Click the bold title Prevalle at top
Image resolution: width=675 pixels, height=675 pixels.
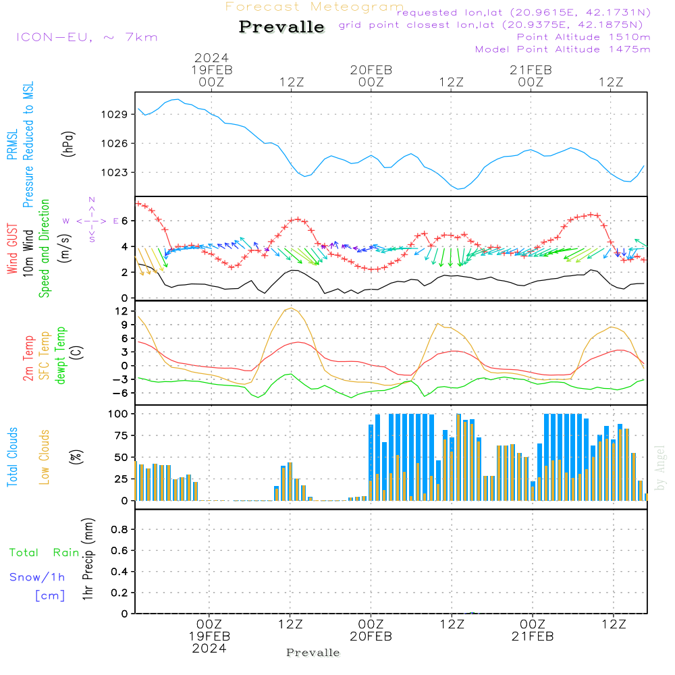coord(281,27)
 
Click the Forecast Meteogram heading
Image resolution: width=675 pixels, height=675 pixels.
coord(315,7)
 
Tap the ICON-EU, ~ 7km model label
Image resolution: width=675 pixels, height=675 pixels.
coord(86,37)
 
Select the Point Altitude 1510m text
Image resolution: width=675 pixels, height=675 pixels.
coord(583,37)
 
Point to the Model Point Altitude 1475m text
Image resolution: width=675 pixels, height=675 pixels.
coord(563,49)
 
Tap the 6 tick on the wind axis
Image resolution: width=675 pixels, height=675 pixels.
coord(124,221)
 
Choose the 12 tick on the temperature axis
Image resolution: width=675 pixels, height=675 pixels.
coord(122,311)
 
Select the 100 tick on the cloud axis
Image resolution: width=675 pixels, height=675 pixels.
coord(119,413)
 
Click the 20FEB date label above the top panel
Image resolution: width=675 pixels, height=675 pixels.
coord(371,70)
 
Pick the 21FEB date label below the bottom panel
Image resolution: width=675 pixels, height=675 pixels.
coord(532,637)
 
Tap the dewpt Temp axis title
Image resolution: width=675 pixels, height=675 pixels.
coord(61,356)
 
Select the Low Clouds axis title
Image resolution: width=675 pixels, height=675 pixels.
coord(45,457)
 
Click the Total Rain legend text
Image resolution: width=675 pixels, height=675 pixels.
coord(45,553)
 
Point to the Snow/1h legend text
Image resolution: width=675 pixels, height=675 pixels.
coord(38,577)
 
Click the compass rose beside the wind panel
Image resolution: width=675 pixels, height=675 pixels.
coord(91,221)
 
